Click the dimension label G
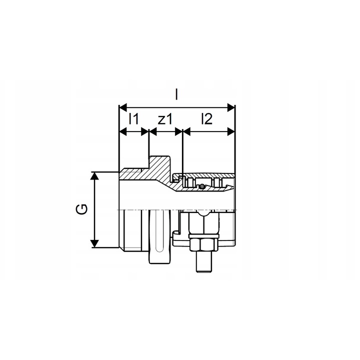tap(82, 209)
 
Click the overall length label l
tap(176, 94)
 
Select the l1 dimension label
tap(133, 118)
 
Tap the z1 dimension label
tap(165, 119)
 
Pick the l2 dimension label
tap(206, 118)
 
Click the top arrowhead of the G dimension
tap(94, 175)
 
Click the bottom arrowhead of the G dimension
tap(94, 243)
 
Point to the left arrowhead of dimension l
tap(123, 107)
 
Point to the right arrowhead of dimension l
tap(231, 107)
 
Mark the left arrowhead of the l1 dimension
tap(123, 132)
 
